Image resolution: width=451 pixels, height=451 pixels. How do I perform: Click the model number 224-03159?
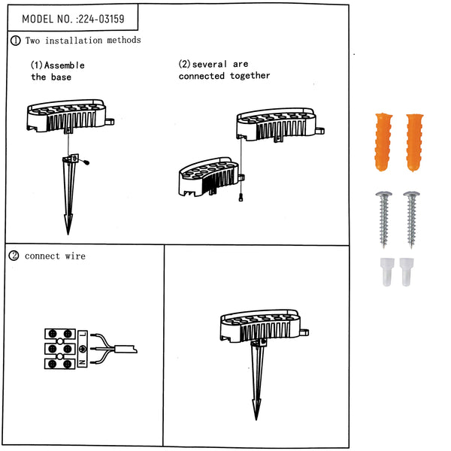point(101,19)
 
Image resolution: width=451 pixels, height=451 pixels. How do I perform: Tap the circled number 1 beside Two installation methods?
point(16,41)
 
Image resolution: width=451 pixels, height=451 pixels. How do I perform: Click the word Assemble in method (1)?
point(65,65)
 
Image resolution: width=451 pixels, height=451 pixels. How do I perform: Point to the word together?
point(250,76)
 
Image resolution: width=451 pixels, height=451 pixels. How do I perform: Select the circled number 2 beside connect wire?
point(14,256)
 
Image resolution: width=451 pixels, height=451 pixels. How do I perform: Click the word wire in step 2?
point(75,256)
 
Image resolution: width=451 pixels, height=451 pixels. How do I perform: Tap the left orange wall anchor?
point(383,142)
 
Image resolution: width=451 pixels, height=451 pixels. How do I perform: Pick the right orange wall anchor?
point(415,143)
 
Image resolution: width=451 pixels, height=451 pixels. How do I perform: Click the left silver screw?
point(383,219)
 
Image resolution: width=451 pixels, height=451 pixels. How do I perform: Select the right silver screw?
point(412,219)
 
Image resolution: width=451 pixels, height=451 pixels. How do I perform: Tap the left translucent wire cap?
point(386,271)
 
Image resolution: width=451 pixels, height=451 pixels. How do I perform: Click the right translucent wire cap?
point(407,271)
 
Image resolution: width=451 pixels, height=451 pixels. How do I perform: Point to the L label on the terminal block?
point(83,334)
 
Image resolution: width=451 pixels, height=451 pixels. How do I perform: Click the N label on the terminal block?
point(83,362)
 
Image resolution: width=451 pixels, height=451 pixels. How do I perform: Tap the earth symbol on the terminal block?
point(83,349)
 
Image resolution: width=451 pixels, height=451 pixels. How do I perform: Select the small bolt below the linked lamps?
point(241,197)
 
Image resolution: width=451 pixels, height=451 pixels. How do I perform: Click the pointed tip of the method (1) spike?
point(68,234)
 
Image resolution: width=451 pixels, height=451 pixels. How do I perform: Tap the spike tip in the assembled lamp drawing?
point(256,419)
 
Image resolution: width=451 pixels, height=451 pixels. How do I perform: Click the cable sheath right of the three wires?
point(126,349)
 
